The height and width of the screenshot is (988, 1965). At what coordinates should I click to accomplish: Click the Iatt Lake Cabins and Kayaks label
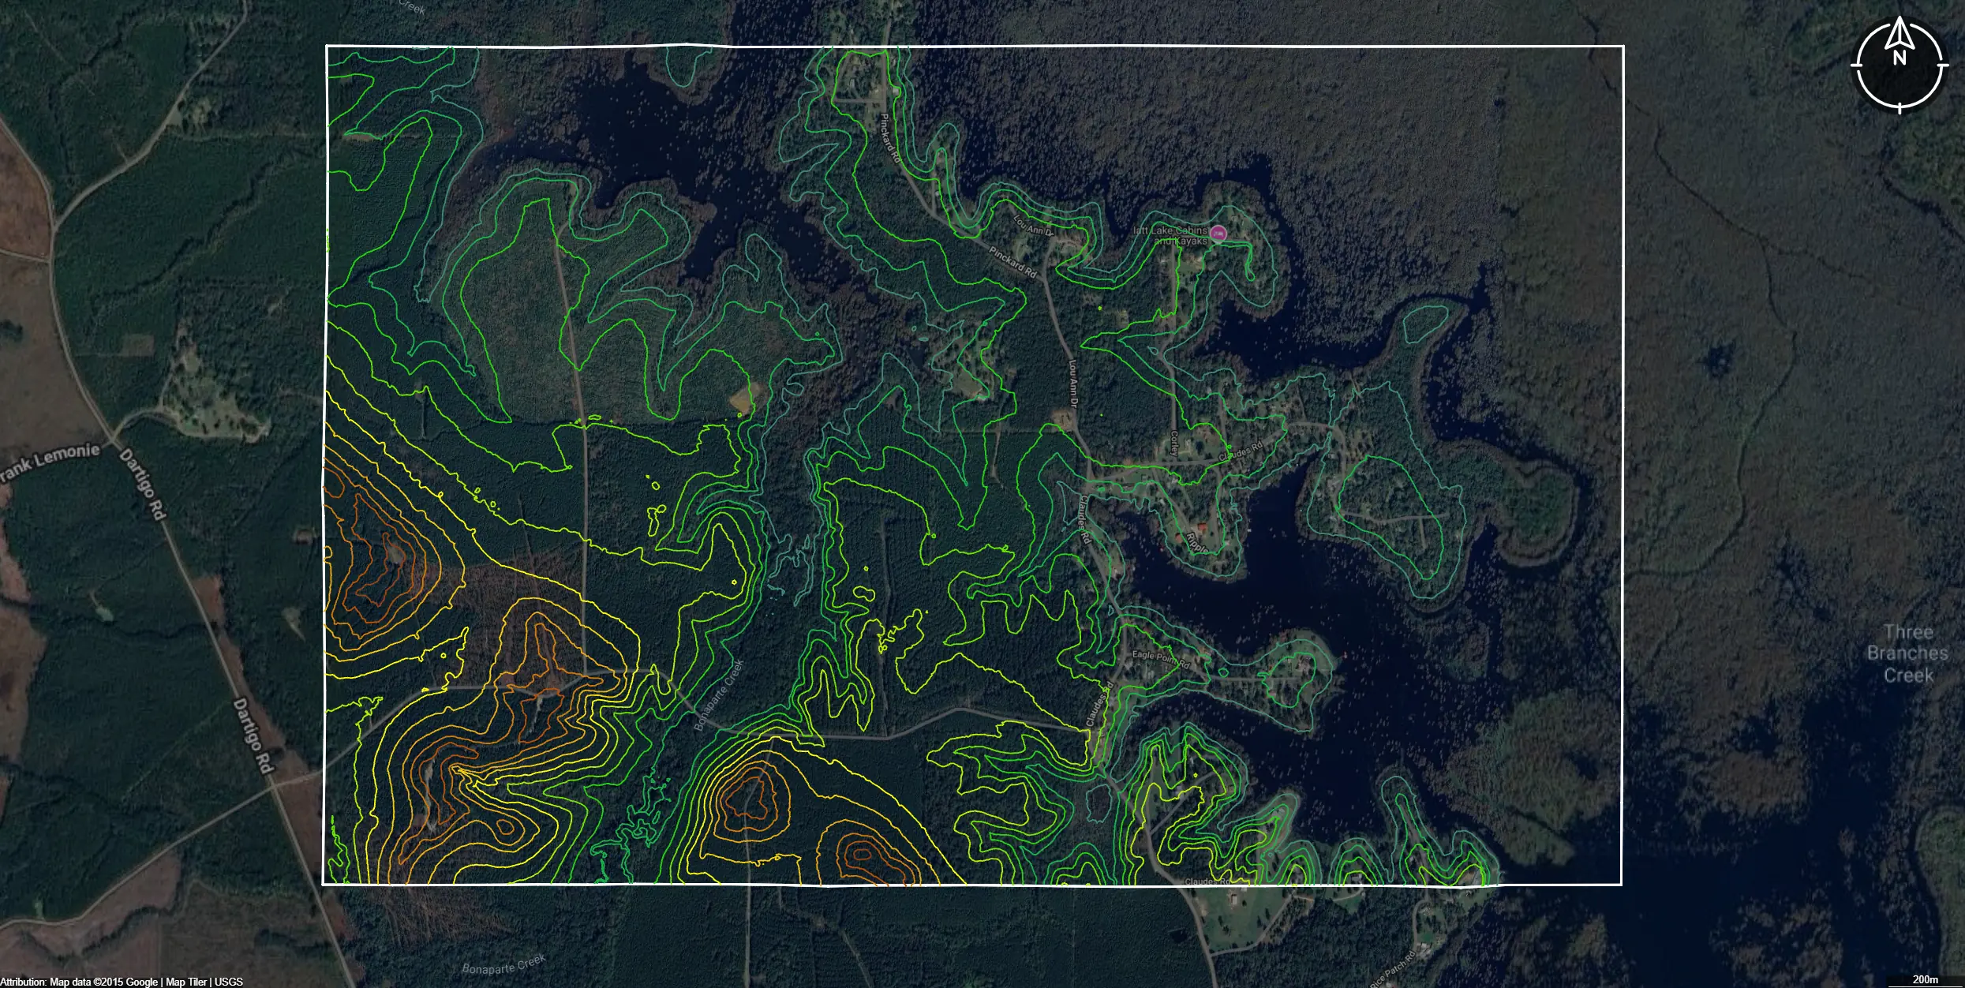coord(1170,235)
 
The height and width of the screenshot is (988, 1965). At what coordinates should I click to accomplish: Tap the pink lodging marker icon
coord(1218,233)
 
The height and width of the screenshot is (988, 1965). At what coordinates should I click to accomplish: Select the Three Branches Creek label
coord(1907,653)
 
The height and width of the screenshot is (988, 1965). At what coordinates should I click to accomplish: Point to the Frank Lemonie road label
coord(49,461)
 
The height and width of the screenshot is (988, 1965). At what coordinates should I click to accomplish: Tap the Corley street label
coord(1175,443)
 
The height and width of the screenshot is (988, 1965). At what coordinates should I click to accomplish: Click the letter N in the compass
coord(1899,58)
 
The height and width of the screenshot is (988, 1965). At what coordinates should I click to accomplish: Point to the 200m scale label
coord(1926,979)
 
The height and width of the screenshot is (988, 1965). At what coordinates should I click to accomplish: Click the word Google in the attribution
coord(142,982)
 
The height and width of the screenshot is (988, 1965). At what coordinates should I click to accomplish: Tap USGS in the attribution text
coord(229,982)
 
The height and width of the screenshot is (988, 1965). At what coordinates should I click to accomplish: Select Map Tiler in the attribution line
coord(186,982)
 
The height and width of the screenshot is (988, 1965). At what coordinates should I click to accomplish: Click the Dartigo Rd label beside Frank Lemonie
coord(142,484)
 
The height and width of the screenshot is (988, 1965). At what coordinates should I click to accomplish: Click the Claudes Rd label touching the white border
coord(1207,881)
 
